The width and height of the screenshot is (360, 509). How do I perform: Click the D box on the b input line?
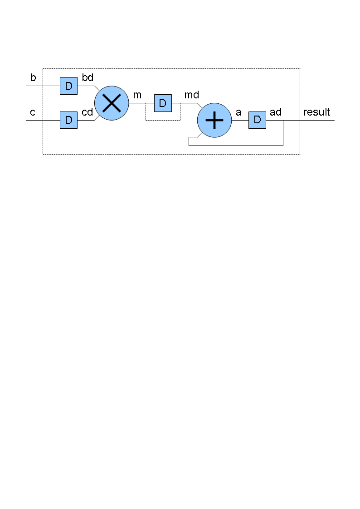(x=68, y=86)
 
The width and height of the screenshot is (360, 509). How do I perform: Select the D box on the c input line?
(x=68, y=120)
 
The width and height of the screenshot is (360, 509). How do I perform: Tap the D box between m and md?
(x=163, y=103)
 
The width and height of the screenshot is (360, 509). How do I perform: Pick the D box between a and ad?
(x=258, y=120)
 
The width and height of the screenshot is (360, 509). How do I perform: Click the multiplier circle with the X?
(x=112, y=103)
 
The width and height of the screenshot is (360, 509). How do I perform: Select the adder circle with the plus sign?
(x=214, y=120)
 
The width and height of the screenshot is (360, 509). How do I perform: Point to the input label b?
(x=33, y=78)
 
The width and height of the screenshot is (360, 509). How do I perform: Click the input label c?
(x=33, y=112)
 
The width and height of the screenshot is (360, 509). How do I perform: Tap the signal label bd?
(x=88, y=78)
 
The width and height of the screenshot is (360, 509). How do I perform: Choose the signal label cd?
(x=88, y=112)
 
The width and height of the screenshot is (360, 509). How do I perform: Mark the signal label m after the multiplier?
(x=137, y=95)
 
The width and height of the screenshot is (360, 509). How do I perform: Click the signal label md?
(x=191, y=95)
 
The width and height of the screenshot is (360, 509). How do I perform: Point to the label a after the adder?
(x=238, y=112)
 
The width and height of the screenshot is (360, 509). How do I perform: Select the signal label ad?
(x=276, y=112)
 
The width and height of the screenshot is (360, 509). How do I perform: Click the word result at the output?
(x=317, y=112)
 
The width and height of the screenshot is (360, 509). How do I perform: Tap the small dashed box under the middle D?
(x=163, y=121)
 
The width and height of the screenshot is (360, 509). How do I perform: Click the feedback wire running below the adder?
(x=236, y=146)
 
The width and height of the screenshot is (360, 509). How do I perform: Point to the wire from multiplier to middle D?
(x=141, y=103)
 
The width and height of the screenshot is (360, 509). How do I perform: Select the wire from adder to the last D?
(x=240, y=120)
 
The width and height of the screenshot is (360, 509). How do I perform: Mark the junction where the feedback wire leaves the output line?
(x=283, y=120)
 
